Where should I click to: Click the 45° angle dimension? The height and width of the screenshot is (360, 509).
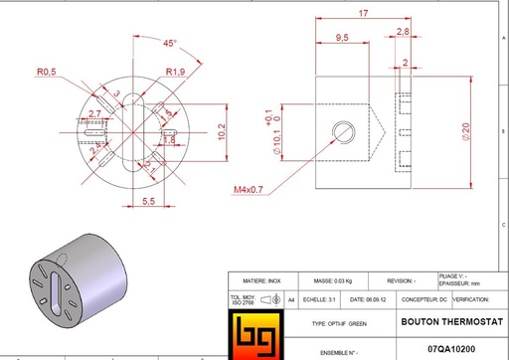pyautogui.click(x=170, y=44)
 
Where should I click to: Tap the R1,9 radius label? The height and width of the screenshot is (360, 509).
pyautogui.click(x=176, y=72)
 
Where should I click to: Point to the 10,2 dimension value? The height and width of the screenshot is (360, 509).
pyautogui.click(x=224, y=129)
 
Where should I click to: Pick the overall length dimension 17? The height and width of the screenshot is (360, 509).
pyautogui.click(x=364, y=13)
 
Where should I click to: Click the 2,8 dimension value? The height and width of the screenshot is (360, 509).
pyautogui.click(x=403, y=32)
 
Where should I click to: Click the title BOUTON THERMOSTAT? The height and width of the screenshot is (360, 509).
pyautogui.click(x=443, y=323)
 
